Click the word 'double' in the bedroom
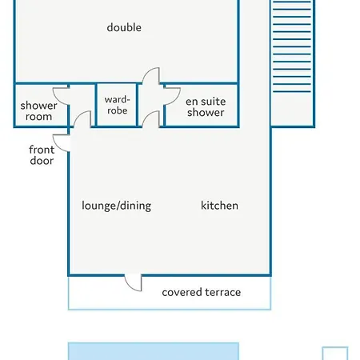pos(124,27)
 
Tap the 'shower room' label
pos(38,111)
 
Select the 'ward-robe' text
pos(117,105)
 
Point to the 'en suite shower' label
pos(206,106)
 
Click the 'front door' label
pos(42,155)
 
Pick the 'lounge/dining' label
pos(116,206)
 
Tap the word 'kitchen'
pos(219,206)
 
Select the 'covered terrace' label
pos(202,292)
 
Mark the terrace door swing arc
pos(129,286)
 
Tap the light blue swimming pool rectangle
pos(154,351)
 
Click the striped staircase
pos(292,46)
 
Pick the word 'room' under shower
pos(38,117)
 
